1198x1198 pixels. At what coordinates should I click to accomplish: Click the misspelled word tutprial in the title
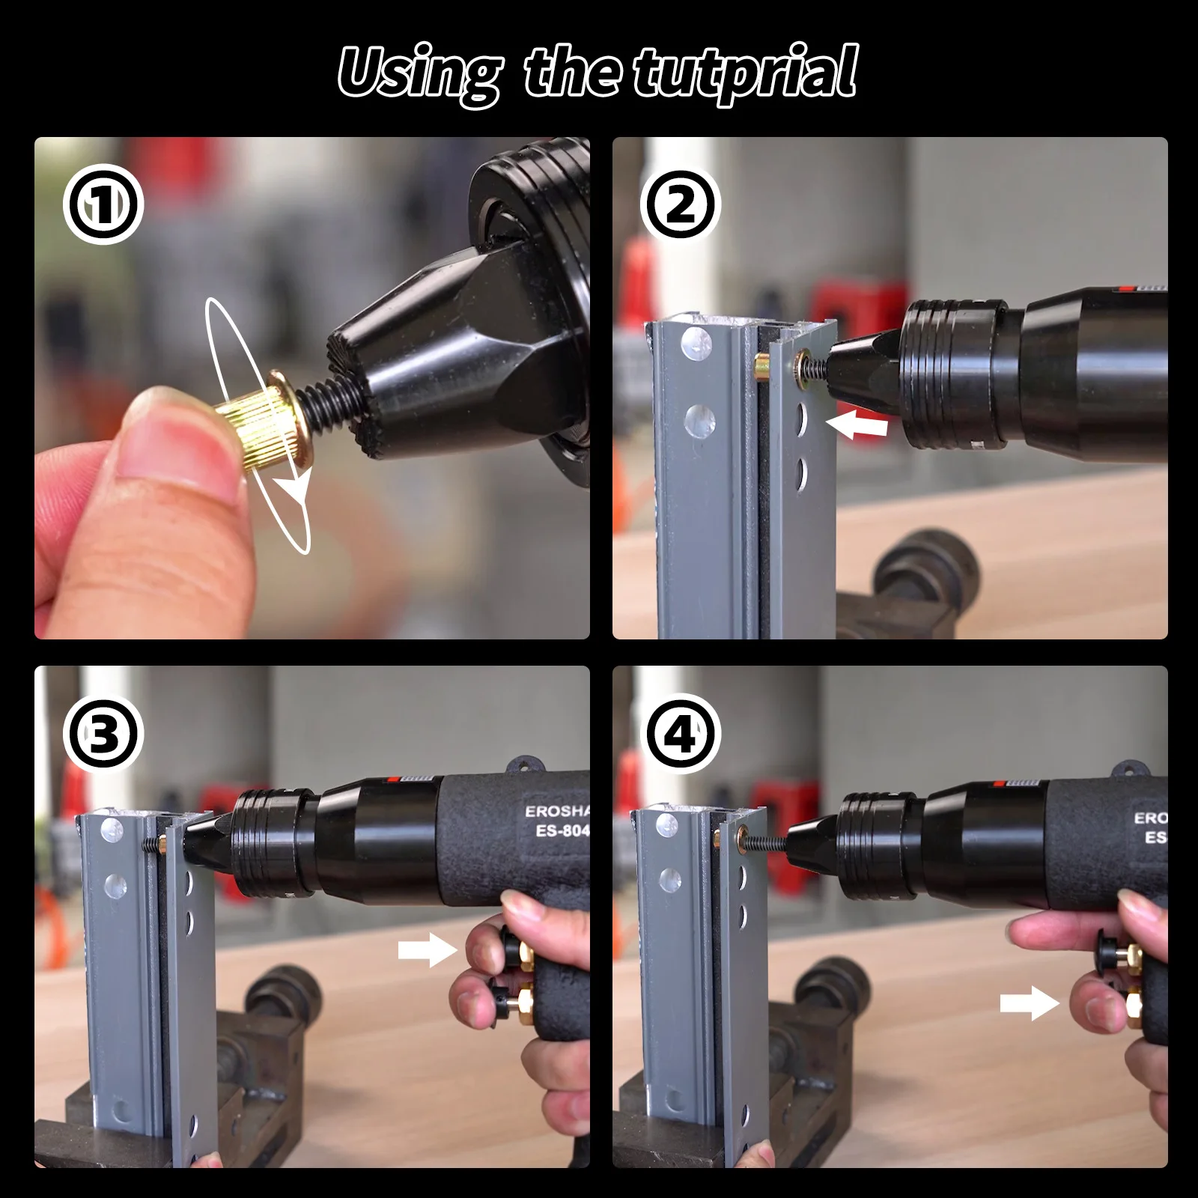[745, 73]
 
